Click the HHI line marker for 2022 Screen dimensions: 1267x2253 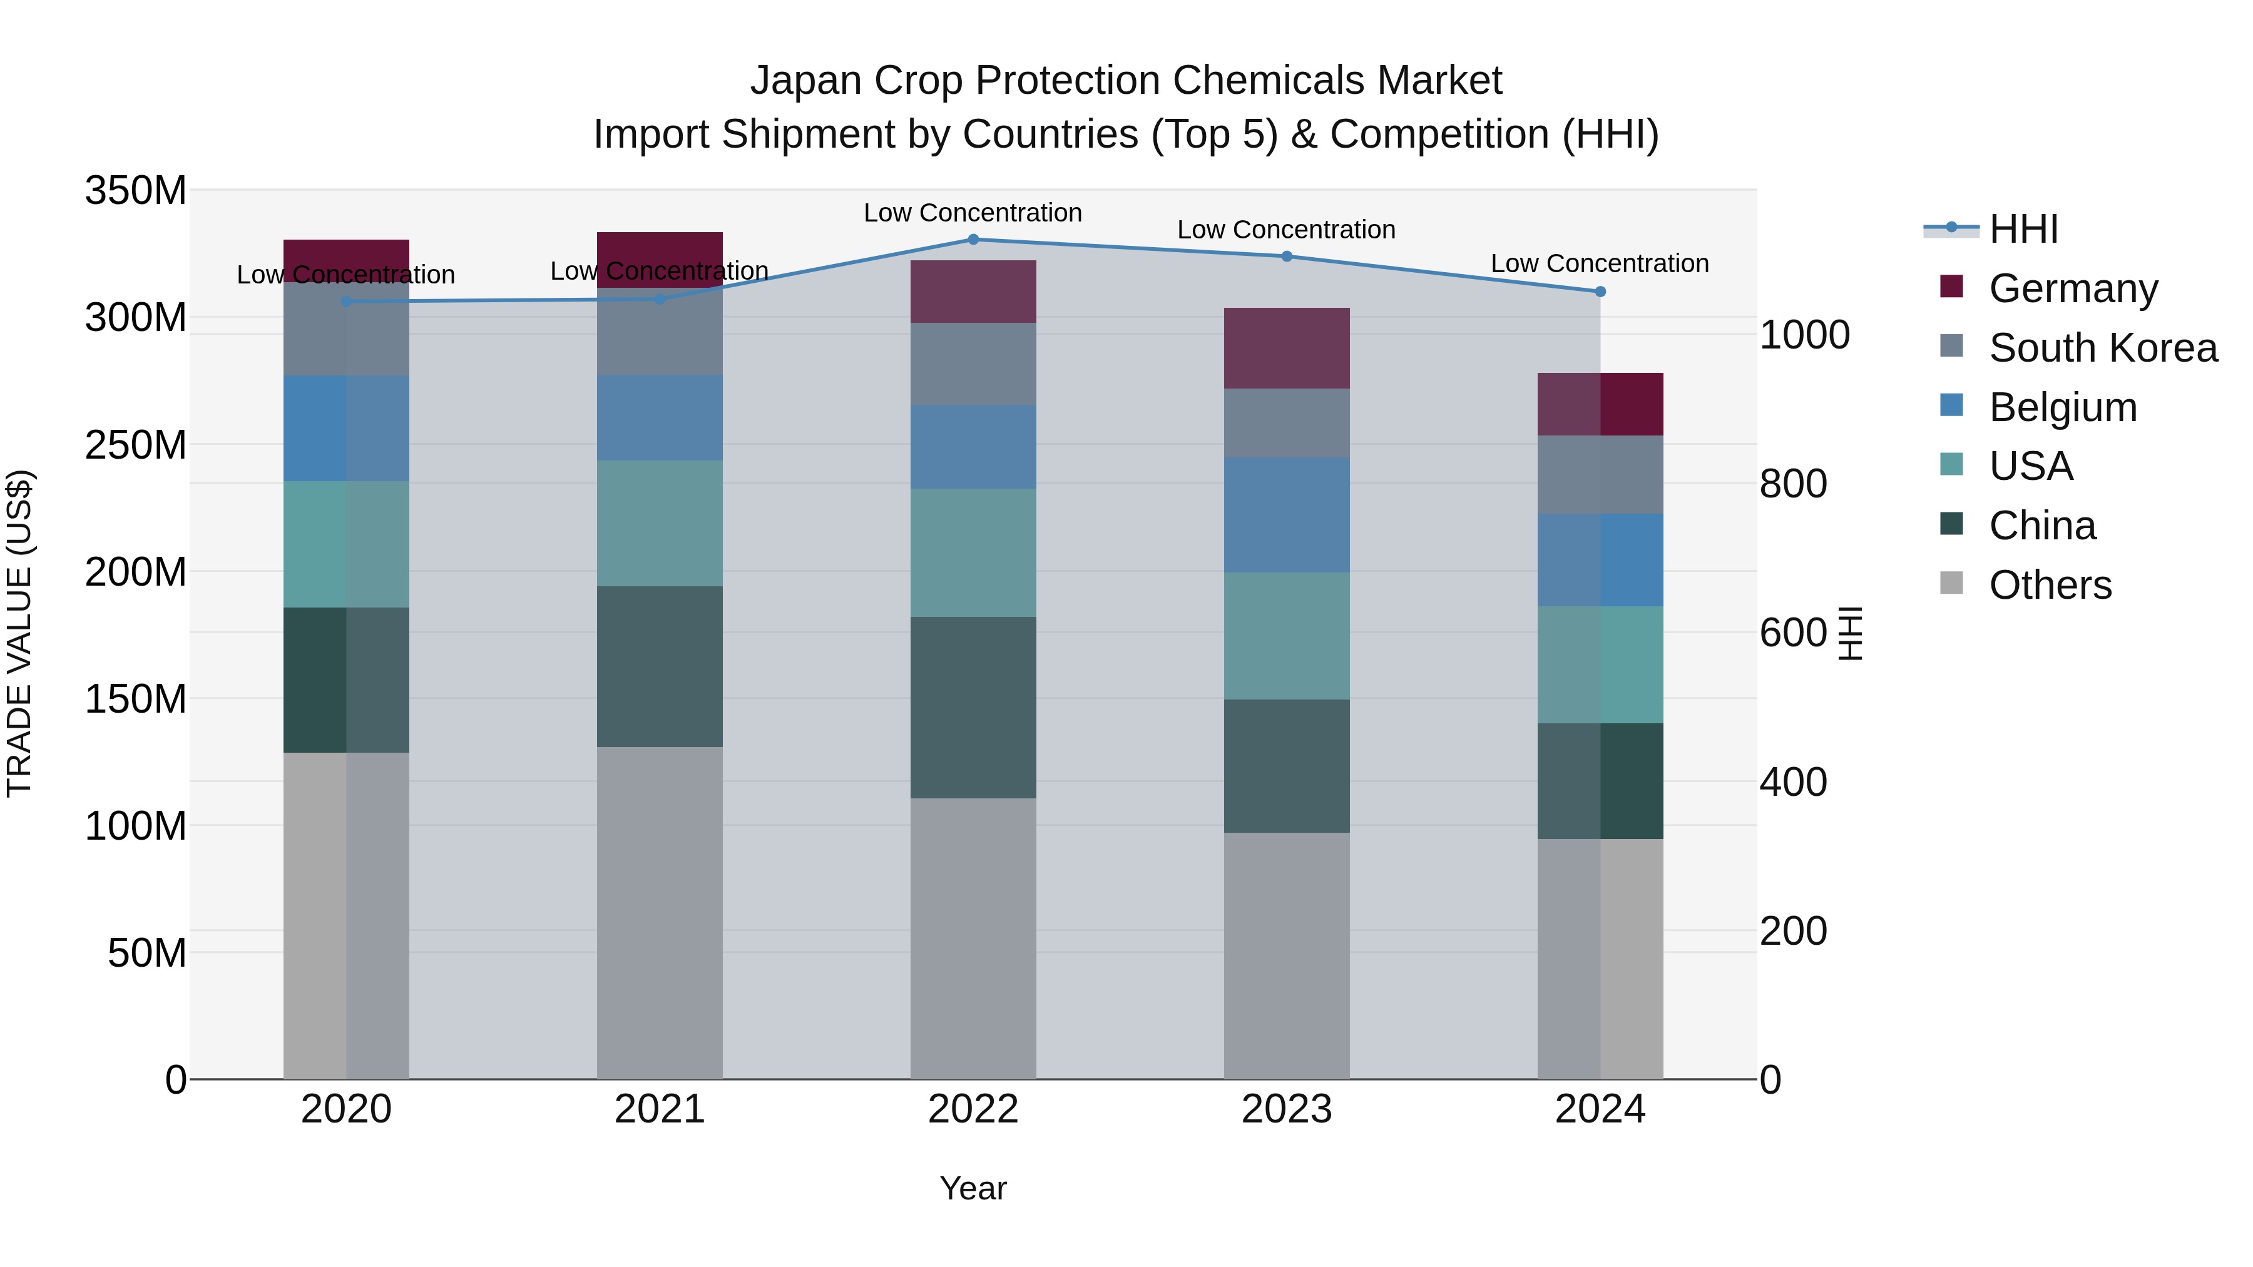[973, 240]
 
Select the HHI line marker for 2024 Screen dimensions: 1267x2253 [1600, 292]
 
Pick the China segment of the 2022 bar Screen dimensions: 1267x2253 [973, 708]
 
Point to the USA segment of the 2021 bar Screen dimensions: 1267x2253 [660, 523]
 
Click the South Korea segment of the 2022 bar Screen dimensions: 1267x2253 [973, 364]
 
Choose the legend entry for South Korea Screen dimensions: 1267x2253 [2103, 348]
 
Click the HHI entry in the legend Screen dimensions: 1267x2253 [2023, 229]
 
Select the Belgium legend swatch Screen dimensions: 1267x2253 [1951, 405]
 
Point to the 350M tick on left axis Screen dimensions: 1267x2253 [136, 191]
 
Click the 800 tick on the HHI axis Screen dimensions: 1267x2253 [1792, 484]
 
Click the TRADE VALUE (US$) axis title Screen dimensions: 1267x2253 [19, 633]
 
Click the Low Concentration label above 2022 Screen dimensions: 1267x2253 [973, 213]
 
